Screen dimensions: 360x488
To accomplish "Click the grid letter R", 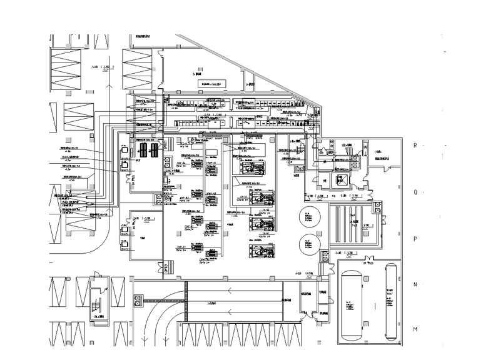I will (415, 144).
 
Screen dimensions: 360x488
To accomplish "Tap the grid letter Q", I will (415, 192).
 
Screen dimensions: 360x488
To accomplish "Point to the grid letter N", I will (415, 284).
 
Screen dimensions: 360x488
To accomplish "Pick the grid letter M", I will (415, 329).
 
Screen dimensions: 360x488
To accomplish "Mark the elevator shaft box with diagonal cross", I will (342, 180).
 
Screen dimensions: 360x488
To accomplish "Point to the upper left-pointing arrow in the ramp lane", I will (231, 289).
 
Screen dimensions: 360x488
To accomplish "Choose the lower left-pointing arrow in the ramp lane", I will (231, 311).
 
